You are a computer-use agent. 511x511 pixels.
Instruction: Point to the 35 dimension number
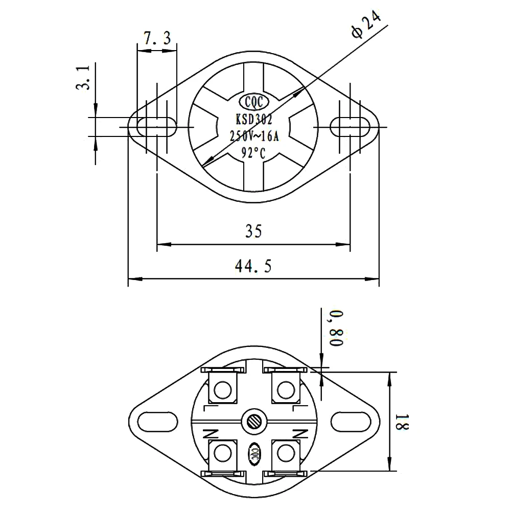253,231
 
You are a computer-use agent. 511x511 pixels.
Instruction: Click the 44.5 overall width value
254,266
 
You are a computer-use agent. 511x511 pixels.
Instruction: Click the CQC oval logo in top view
254,102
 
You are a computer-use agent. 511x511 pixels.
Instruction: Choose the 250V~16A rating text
254,136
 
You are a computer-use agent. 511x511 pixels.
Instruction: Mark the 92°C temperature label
254,153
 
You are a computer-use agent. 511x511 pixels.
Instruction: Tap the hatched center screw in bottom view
254,422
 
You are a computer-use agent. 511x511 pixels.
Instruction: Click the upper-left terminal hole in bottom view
223,391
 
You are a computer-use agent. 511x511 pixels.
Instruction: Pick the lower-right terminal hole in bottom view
285,452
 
